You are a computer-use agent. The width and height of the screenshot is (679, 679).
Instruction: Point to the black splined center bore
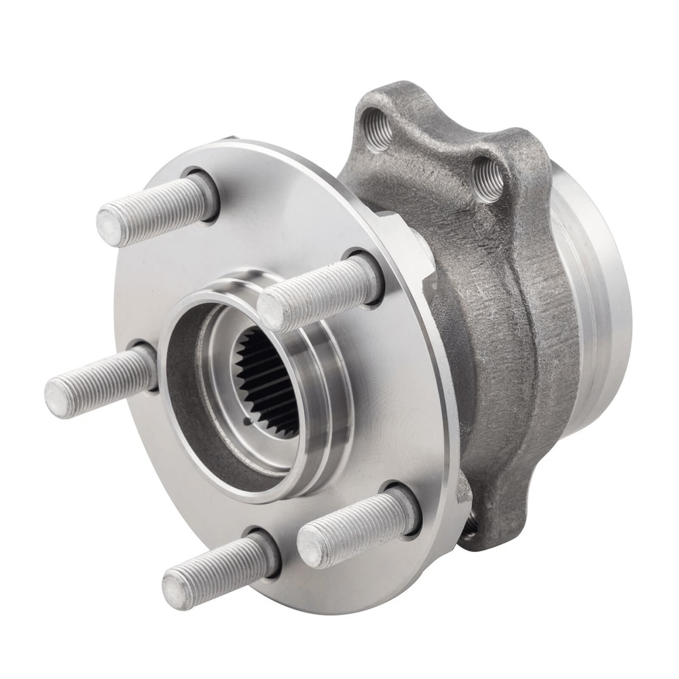268,380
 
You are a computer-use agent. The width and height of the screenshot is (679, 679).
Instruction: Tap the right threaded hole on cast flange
488,178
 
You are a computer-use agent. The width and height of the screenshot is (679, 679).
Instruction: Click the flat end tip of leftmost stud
58,397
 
